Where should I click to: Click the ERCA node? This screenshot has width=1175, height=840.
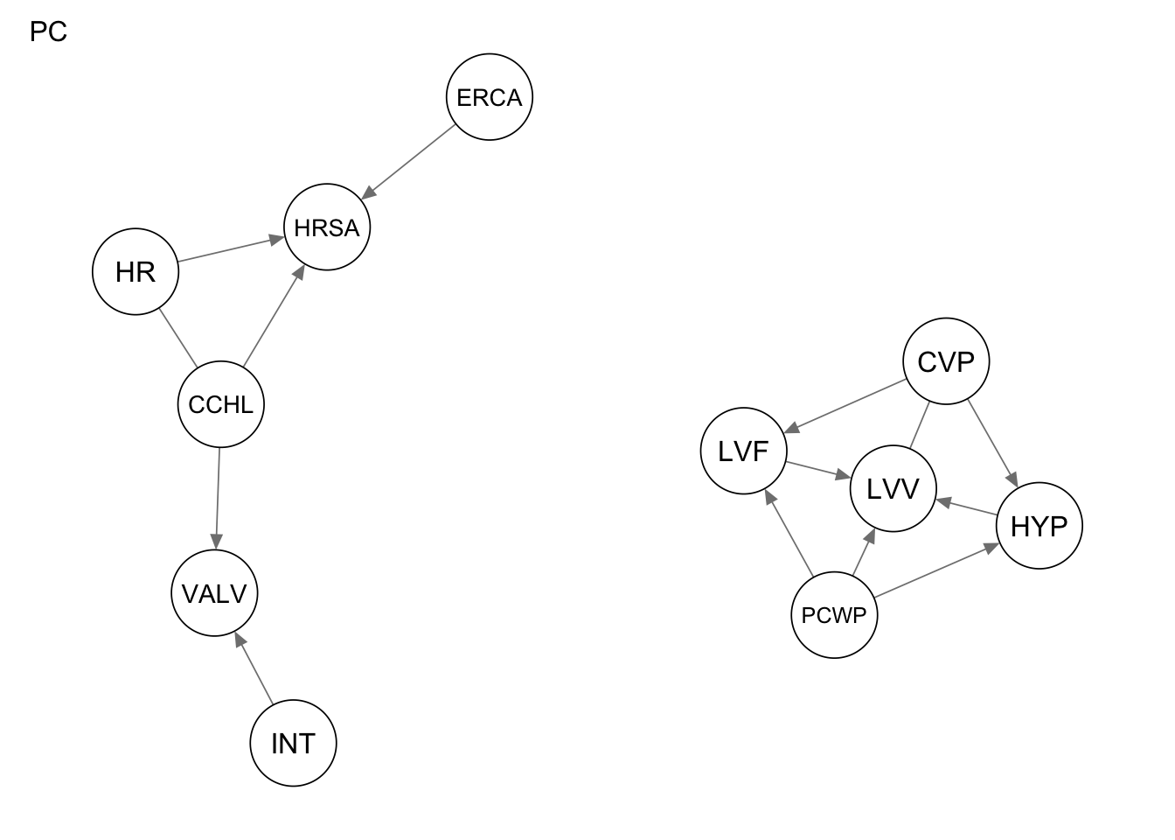pos(489,97)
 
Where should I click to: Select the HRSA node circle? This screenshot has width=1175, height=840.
pos(327,227)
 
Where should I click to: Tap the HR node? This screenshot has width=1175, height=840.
pos(136,272)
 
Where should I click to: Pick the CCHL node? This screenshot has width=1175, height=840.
pos(220,404)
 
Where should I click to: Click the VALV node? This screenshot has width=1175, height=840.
pos(214,593)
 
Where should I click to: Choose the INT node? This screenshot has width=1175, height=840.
pos(293,743)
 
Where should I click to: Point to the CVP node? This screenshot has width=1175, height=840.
pos(946,361)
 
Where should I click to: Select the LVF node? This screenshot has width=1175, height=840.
pos(743,451)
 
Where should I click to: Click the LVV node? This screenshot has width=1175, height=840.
pos(893,488)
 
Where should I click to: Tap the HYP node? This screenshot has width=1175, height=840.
pos(1039,526)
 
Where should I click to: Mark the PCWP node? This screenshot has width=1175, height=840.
pos(833,615)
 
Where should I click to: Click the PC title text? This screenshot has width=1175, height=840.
pos(48,32)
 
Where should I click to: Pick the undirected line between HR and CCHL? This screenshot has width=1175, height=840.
pos(178,339)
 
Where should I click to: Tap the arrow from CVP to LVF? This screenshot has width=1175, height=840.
pos(846,406)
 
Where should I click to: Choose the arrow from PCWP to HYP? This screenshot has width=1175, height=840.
pos(936,571)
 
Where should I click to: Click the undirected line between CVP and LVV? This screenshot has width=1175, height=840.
pos(919,426)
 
